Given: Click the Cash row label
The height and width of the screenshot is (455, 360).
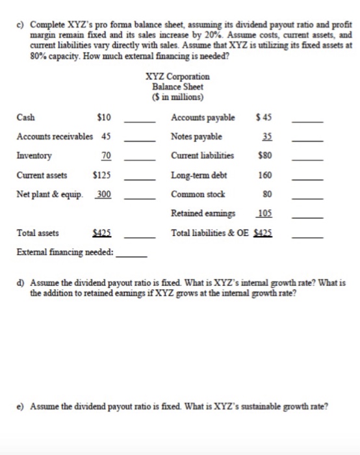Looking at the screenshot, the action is [x=26, y=118].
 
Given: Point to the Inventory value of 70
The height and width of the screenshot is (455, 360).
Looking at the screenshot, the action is [x=106, y=156].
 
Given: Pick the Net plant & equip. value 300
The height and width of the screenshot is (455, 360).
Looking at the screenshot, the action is [x=103, y=194].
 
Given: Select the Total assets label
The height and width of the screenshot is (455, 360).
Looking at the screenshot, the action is [x=36, y=232].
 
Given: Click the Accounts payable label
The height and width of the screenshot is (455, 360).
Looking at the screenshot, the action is [x=203, y=118].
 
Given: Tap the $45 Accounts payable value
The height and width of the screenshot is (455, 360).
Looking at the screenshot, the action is [x=263, y=118].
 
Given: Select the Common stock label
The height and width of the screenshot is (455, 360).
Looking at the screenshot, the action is [x=194, y=194].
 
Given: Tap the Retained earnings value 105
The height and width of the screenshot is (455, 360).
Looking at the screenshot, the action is [x=263, y=213].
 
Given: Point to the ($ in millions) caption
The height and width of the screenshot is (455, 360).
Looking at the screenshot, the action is [x=177, y=96].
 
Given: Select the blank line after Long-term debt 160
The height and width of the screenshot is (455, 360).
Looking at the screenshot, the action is [x=307, y=177].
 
